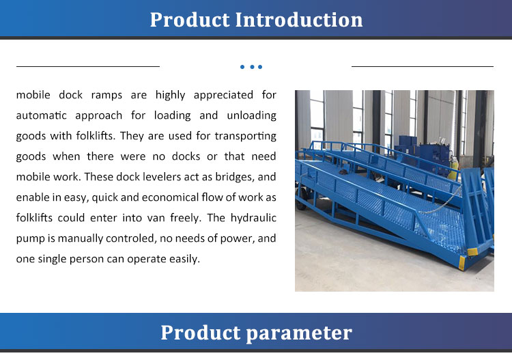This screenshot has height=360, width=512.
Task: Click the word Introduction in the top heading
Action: [x=299, y=20]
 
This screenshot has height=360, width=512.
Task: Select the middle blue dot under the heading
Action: [x=251, y=67]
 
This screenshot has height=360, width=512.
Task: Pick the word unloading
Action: [x=250, y=115]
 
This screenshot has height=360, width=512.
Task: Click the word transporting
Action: [x=243, y=136]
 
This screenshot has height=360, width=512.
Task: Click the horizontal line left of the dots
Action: [x=87, y=67]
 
